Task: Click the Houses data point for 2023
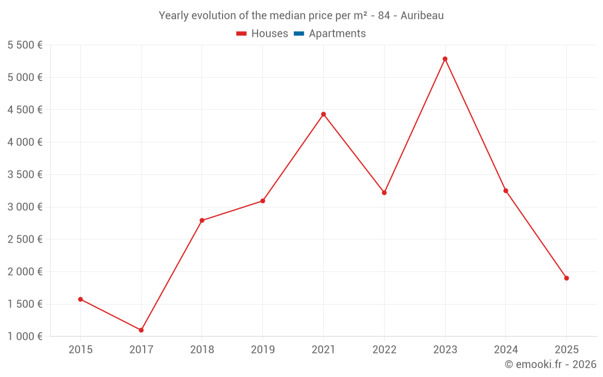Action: click(445, 59)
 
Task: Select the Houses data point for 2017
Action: click(141, 330)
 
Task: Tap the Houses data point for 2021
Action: click(323, 114)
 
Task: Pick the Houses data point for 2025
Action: click(566, 278)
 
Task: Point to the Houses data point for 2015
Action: click(80, 299)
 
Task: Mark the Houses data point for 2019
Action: click(262, 201)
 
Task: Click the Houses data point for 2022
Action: click(384, 192)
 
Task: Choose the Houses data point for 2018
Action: click(202, 220)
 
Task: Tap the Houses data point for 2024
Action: click(505, 191)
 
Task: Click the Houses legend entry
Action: click(262, 34)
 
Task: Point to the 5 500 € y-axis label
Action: click(25, 45)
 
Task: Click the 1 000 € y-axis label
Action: click(25, 337)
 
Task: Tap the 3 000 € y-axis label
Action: click(25, 207)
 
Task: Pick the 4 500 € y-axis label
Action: click(25, 110)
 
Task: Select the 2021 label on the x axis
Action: click(323, 350)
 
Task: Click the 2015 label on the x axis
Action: click(80, 350)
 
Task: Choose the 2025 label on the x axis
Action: click(566, 350)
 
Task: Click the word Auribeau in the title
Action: click(421, 16)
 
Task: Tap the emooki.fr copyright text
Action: click(551, 364)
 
